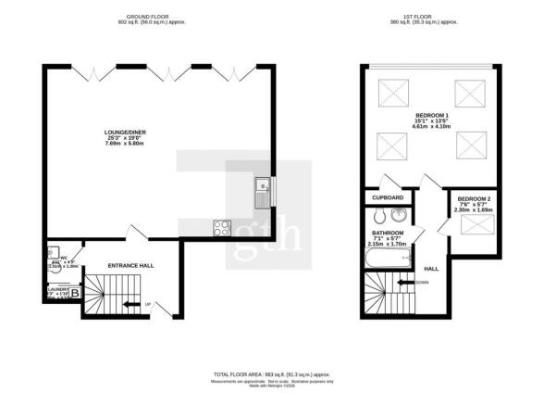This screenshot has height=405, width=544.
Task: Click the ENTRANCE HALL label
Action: (x=130, y=266)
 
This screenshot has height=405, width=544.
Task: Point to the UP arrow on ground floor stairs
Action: (x=133, y=304)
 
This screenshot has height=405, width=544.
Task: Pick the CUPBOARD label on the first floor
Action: (x=388, y=197)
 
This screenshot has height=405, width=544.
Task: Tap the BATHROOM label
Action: (x=388, y=233)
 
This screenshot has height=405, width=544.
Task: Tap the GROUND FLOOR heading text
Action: (x=147, y=16)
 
